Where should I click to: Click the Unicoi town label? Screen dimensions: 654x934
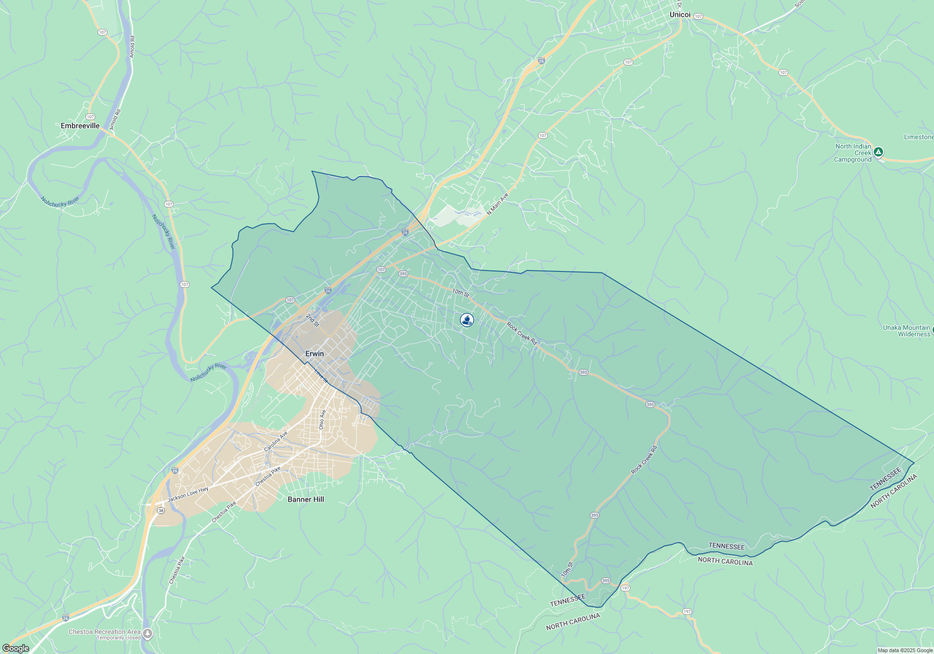[x=679, y=14]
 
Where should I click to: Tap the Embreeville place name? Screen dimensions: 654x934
[x=80, y=126]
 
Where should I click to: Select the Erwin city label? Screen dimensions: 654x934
[x=314, y=354]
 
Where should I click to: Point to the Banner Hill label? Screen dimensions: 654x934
[x=305, y=499]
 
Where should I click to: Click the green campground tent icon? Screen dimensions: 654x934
[x=878, y=152]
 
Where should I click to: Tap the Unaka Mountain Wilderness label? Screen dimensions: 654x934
[x=906, y=331]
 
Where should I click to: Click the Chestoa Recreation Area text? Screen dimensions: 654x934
[x=104, y=632]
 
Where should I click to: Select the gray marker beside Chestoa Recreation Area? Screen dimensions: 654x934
[x=148, y=634]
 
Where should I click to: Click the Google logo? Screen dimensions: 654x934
[x=15, y=648]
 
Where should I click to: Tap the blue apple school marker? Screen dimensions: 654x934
[x=467, y=320]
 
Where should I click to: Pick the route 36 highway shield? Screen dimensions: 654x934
[x=161, y=511]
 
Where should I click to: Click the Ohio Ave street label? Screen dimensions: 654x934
[x=322, y=419]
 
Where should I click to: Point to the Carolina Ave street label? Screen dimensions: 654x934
[x=276, y=441]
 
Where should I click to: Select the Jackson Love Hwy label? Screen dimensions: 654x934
[x=188, y=494]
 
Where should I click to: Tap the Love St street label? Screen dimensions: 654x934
[x=321, y=376]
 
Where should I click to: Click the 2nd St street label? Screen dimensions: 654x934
[x=312, y=320]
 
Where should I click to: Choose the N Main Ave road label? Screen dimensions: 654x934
[x=497, y=205]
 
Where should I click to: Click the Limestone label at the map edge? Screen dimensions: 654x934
[x=918, y=137]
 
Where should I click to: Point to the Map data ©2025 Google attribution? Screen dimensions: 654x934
[x=905, y=650]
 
